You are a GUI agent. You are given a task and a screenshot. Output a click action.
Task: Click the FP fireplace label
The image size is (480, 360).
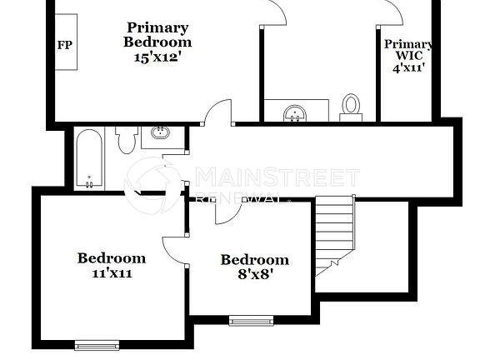click(63, 45)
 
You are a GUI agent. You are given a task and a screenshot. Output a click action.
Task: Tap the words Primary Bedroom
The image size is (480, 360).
click(157, 34)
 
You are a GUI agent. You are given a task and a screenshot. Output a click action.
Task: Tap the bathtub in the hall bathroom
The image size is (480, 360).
click(88, 158)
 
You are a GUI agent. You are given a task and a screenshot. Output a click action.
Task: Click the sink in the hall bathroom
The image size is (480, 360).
click(161, 133)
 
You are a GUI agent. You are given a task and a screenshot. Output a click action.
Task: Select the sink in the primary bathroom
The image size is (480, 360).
click(295, 112)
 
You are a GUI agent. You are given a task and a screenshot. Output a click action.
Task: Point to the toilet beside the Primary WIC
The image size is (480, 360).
click(351, 106)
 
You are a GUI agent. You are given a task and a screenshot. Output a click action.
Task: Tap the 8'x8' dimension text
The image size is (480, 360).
click(254, 275)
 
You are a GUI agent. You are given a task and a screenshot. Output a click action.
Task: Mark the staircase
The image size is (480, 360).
click(335, 234)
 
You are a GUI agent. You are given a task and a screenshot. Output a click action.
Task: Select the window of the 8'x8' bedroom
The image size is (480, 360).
click(251, 320)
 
